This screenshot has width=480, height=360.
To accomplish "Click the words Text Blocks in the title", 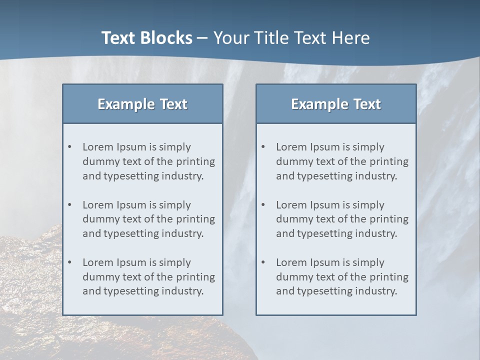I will (x=146, y=38).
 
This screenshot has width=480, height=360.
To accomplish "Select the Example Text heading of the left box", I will (x=142, y=104).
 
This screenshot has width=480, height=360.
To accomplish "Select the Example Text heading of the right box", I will (x=336, y=104).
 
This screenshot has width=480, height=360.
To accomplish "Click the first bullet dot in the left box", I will (x=70, y=147).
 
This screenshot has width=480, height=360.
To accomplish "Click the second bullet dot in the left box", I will (x=70, y=205).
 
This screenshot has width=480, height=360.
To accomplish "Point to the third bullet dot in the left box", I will (x=70, y=262).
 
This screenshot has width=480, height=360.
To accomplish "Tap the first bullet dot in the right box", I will (x=263, y=147).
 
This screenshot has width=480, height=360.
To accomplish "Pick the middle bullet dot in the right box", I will (x=263, y=205).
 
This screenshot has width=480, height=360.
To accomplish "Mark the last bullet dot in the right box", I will (x=263, y=262).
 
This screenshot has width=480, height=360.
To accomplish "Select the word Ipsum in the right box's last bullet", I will (x=325, y=262).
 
